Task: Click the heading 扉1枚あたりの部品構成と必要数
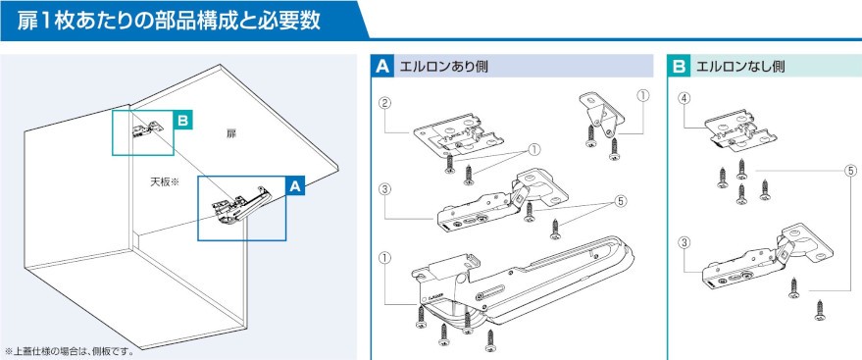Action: coord(169,21)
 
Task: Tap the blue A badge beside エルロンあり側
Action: coord(382,67)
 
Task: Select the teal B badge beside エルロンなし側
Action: coord(679,67)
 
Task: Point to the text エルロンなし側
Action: coord(740,67)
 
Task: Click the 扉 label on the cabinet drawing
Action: coord(230,133)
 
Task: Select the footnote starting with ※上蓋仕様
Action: coord(70,350)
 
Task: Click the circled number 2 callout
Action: coord(384,103)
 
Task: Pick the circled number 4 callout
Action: coord(685,98)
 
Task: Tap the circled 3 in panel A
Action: coord(384,189)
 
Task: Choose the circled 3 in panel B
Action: coord(685,242)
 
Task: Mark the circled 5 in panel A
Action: coord(621,201)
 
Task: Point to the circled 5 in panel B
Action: coord(850,171)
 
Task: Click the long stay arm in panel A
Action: coord(523,285)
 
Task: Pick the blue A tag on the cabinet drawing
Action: coord(295,185)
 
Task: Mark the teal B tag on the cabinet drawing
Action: coord(182,120)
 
